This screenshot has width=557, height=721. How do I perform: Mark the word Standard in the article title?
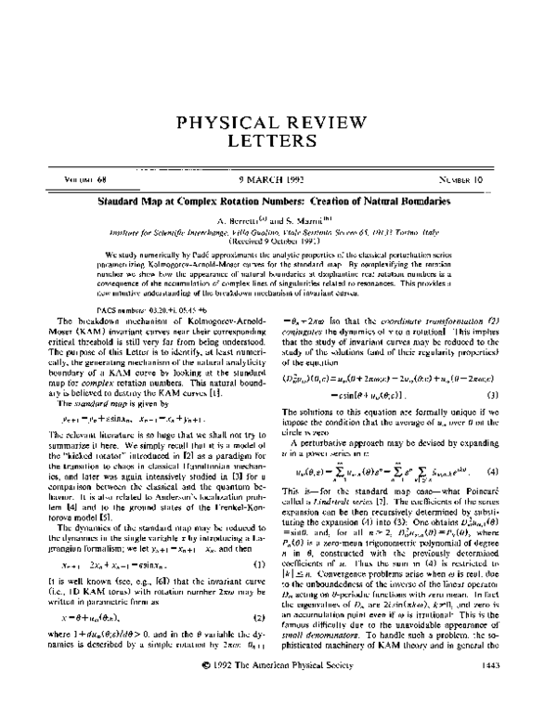(x=125, y=201)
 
